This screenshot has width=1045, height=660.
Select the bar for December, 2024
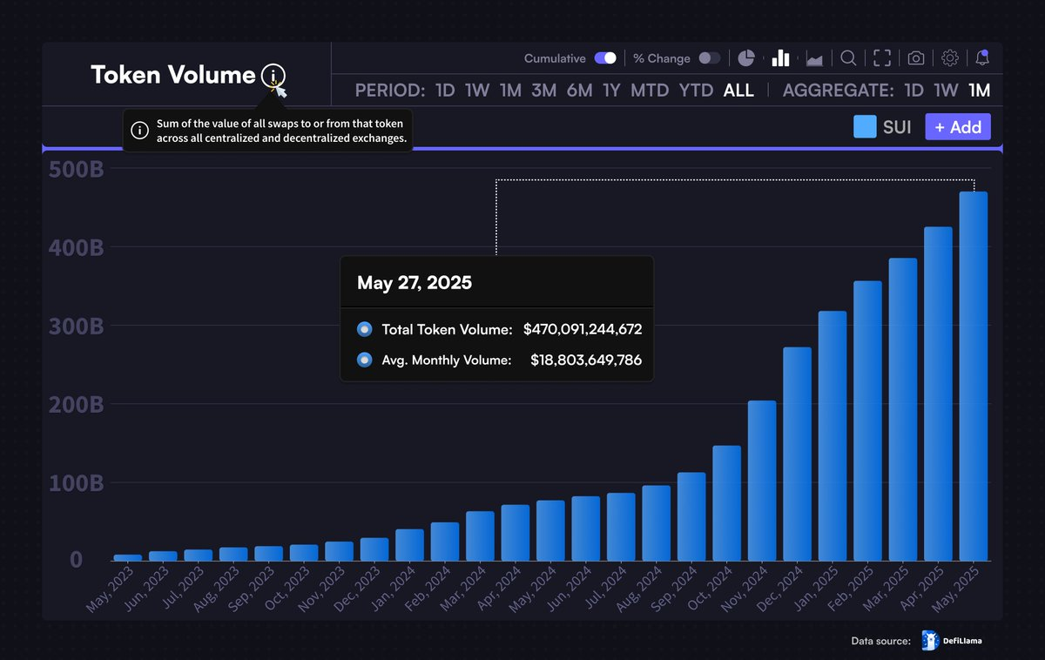point(797,454)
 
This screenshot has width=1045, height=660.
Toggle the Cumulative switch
point(605,58)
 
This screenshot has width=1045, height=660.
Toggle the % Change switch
point(709,58)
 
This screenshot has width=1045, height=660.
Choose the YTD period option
point(696,91)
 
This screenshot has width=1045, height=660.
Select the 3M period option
point(543,91)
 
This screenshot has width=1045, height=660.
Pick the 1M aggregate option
point(979,91)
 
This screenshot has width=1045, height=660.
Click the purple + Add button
point(957,127)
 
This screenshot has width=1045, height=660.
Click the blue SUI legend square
point(865,127)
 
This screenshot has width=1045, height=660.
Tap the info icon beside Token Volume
point(273,76)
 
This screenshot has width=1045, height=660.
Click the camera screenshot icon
point(915,58)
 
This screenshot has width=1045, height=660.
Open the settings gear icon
point(950,58)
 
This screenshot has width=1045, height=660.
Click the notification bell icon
point(982,58)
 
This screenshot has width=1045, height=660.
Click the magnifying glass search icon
point(847,58)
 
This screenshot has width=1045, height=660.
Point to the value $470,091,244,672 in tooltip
point(582,330)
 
